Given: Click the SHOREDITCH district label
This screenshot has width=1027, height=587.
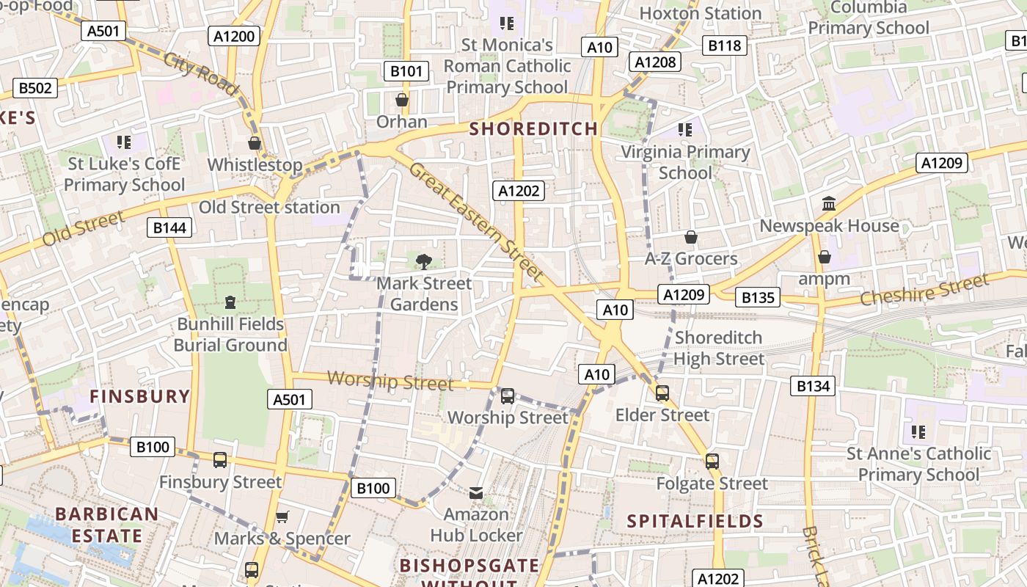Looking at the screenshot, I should [x=533, y=129].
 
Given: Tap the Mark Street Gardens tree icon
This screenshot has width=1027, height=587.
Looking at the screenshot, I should [x=423, y=261].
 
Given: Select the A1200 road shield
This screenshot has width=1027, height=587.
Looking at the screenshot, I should [x=235, y=36].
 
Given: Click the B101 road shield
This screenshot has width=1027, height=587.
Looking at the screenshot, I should [x=406, y=71].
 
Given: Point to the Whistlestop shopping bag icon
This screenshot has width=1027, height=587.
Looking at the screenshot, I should [x=255, y=143].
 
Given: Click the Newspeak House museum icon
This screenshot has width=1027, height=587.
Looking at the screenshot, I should [x=829, y=203].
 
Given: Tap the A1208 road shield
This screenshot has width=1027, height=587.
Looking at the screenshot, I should [x=655, y=62].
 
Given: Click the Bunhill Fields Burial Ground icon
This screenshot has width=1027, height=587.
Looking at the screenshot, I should [x=230, y=302].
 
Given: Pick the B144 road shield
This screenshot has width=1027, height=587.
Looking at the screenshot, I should [x=169, y=227].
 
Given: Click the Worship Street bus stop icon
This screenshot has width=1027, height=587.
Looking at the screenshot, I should [x=507, y=396].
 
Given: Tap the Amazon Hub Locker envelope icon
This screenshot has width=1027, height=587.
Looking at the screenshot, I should [x=476, y=492].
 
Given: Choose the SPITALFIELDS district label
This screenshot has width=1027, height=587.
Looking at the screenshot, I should [x=695, y=522].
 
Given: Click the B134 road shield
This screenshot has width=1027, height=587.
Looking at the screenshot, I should [x=813, y=385].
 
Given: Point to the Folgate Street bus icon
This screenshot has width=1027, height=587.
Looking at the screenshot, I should [x=712, y=462].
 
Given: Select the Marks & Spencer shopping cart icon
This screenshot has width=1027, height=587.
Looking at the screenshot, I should [x=282, y=517].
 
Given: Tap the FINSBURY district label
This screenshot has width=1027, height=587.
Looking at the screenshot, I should [x=139, y=397].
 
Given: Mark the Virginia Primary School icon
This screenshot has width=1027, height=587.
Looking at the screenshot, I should [x=685, y=131].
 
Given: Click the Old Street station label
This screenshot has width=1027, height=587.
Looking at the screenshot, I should [x=269, y=208].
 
